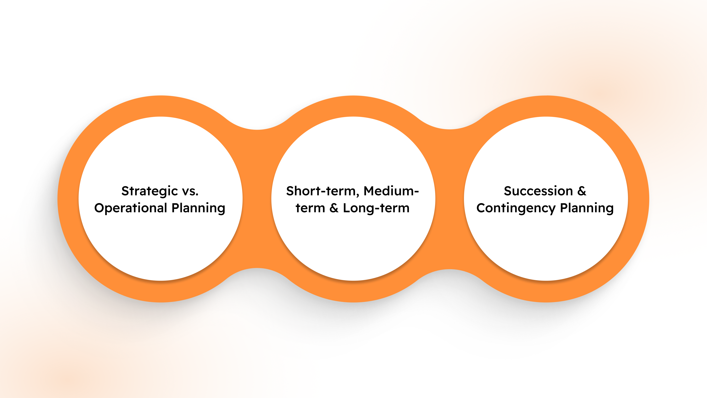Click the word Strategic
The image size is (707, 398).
(x=150, y=191)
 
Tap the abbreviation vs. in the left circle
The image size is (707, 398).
(x=190, y=191)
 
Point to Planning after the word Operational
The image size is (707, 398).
(x=198, y=208)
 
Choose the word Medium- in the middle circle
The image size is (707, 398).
(x=391, y=191)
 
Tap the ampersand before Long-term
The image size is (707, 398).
(x=334, y=208)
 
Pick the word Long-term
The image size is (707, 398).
(x=376, y=208)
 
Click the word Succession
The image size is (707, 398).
(x=538, y=191)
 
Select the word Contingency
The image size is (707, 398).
(x=516, y=208)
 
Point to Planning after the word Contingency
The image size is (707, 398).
(x=587, y=208)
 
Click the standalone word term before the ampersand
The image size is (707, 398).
(x=310, y=208)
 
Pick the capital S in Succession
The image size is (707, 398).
(x=508, y=191)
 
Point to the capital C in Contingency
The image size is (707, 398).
(x=482, y=208)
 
